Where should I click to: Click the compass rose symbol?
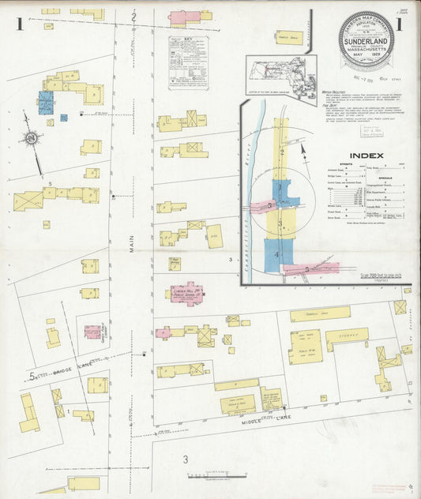pyautogui.click(x=31, y=138)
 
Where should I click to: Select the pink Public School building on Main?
pyautogui.click(x=184, y=294)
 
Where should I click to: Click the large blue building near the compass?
pyautogui.click(x=46, y=103)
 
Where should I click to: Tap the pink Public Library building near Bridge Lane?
pyautogui.click(x=93, y=332)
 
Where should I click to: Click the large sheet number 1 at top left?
pyautogui.click(x=17, y=23)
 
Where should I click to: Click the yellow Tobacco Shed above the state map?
pyautogui.click(x=289, y=38)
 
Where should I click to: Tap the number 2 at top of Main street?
pyautogui.click(x=134, y=17)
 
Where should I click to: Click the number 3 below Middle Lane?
pyautogui.click(x=186, y=459)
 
